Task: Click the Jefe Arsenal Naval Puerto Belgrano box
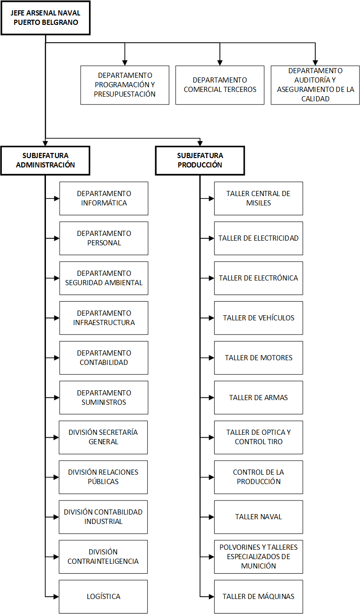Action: [45, 18]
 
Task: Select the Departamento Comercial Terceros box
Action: [220, 85]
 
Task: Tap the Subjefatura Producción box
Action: [200, 160]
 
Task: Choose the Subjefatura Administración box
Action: [45, 160]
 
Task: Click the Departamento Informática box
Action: [104, 198]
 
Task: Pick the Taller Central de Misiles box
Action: [258, 198]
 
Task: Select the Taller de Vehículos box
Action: [258, 318]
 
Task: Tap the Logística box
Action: [103, 597]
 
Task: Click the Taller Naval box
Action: [258, 517]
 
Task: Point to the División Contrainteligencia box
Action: [103, 557]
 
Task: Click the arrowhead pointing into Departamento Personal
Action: [57, 238]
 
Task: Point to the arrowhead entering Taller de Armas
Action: [211, 397]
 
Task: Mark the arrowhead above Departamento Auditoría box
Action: [315, 63]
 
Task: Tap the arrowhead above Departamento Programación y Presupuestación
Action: [125, 63]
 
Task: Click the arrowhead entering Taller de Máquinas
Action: [211, 597]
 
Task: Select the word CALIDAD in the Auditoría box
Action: [315, 99]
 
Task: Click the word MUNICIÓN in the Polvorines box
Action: [258, 566]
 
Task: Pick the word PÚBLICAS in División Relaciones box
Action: [103, 482]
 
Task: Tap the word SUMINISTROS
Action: [104, 402]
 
